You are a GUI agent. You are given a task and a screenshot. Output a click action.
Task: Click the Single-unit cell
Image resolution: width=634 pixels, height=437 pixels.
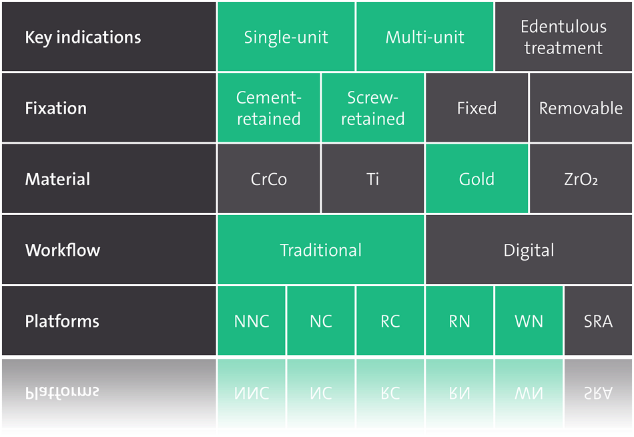(286, 37)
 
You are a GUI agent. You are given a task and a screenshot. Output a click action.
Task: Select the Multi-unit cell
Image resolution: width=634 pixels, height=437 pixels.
(424, 37)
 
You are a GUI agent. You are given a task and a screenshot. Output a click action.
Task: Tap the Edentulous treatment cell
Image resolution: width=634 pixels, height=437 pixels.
(563, 37)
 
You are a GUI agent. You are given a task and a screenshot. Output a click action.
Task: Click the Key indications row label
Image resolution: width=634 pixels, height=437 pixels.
(109, 37)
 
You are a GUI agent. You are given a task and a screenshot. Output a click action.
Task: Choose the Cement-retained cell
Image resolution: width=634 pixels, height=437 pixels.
(269, 108)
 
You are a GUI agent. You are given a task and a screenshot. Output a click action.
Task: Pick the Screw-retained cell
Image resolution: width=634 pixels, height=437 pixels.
(373, 108)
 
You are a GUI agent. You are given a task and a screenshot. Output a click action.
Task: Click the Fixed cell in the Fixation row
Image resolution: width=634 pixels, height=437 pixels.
(477, 108)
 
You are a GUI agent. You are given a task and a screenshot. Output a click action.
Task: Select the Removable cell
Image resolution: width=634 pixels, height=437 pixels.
(581, 108)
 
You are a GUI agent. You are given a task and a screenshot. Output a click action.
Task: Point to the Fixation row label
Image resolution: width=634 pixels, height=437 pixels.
(109, 108)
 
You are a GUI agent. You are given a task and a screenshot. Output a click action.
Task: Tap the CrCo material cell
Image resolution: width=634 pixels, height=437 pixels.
(269, 178)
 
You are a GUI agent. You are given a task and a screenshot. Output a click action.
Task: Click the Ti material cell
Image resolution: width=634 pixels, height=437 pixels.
(373, 178)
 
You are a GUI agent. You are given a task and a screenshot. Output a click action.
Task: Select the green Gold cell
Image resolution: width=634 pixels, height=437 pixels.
(477, 178)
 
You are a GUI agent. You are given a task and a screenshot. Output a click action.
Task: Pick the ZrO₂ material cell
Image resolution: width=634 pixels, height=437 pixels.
(581, 178)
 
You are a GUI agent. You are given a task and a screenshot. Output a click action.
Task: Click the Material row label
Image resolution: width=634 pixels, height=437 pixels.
(109, 178)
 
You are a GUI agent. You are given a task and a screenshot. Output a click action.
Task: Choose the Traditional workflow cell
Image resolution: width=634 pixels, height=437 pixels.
(320, 249)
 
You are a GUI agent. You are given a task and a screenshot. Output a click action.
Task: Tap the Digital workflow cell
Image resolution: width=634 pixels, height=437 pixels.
(529, 249)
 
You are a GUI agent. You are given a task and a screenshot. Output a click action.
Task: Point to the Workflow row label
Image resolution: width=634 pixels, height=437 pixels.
(109, 249)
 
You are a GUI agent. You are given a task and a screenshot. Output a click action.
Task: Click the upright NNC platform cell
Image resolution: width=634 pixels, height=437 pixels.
(252, 320)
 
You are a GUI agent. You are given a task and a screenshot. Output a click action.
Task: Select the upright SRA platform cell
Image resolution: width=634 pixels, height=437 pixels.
(598, 320)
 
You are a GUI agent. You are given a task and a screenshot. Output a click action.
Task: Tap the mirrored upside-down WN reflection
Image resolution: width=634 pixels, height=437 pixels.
(529, 392)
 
